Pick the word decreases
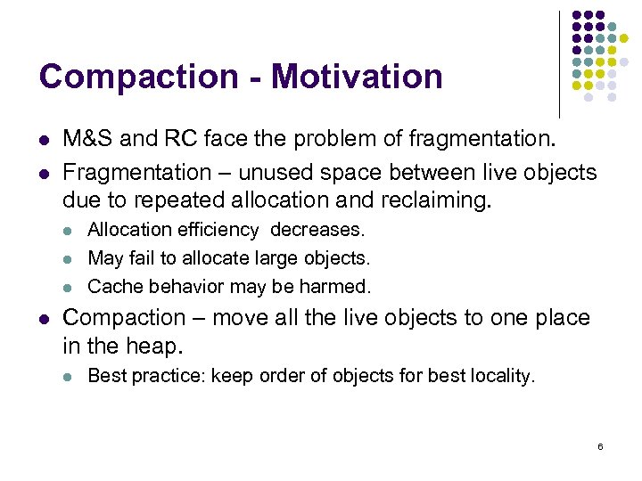317,230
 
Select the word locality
502,376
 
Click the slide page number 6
600,445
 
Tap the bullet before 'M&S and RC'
44,140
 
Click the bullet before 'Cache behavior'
69,288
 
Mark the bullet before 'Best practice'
69,377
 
